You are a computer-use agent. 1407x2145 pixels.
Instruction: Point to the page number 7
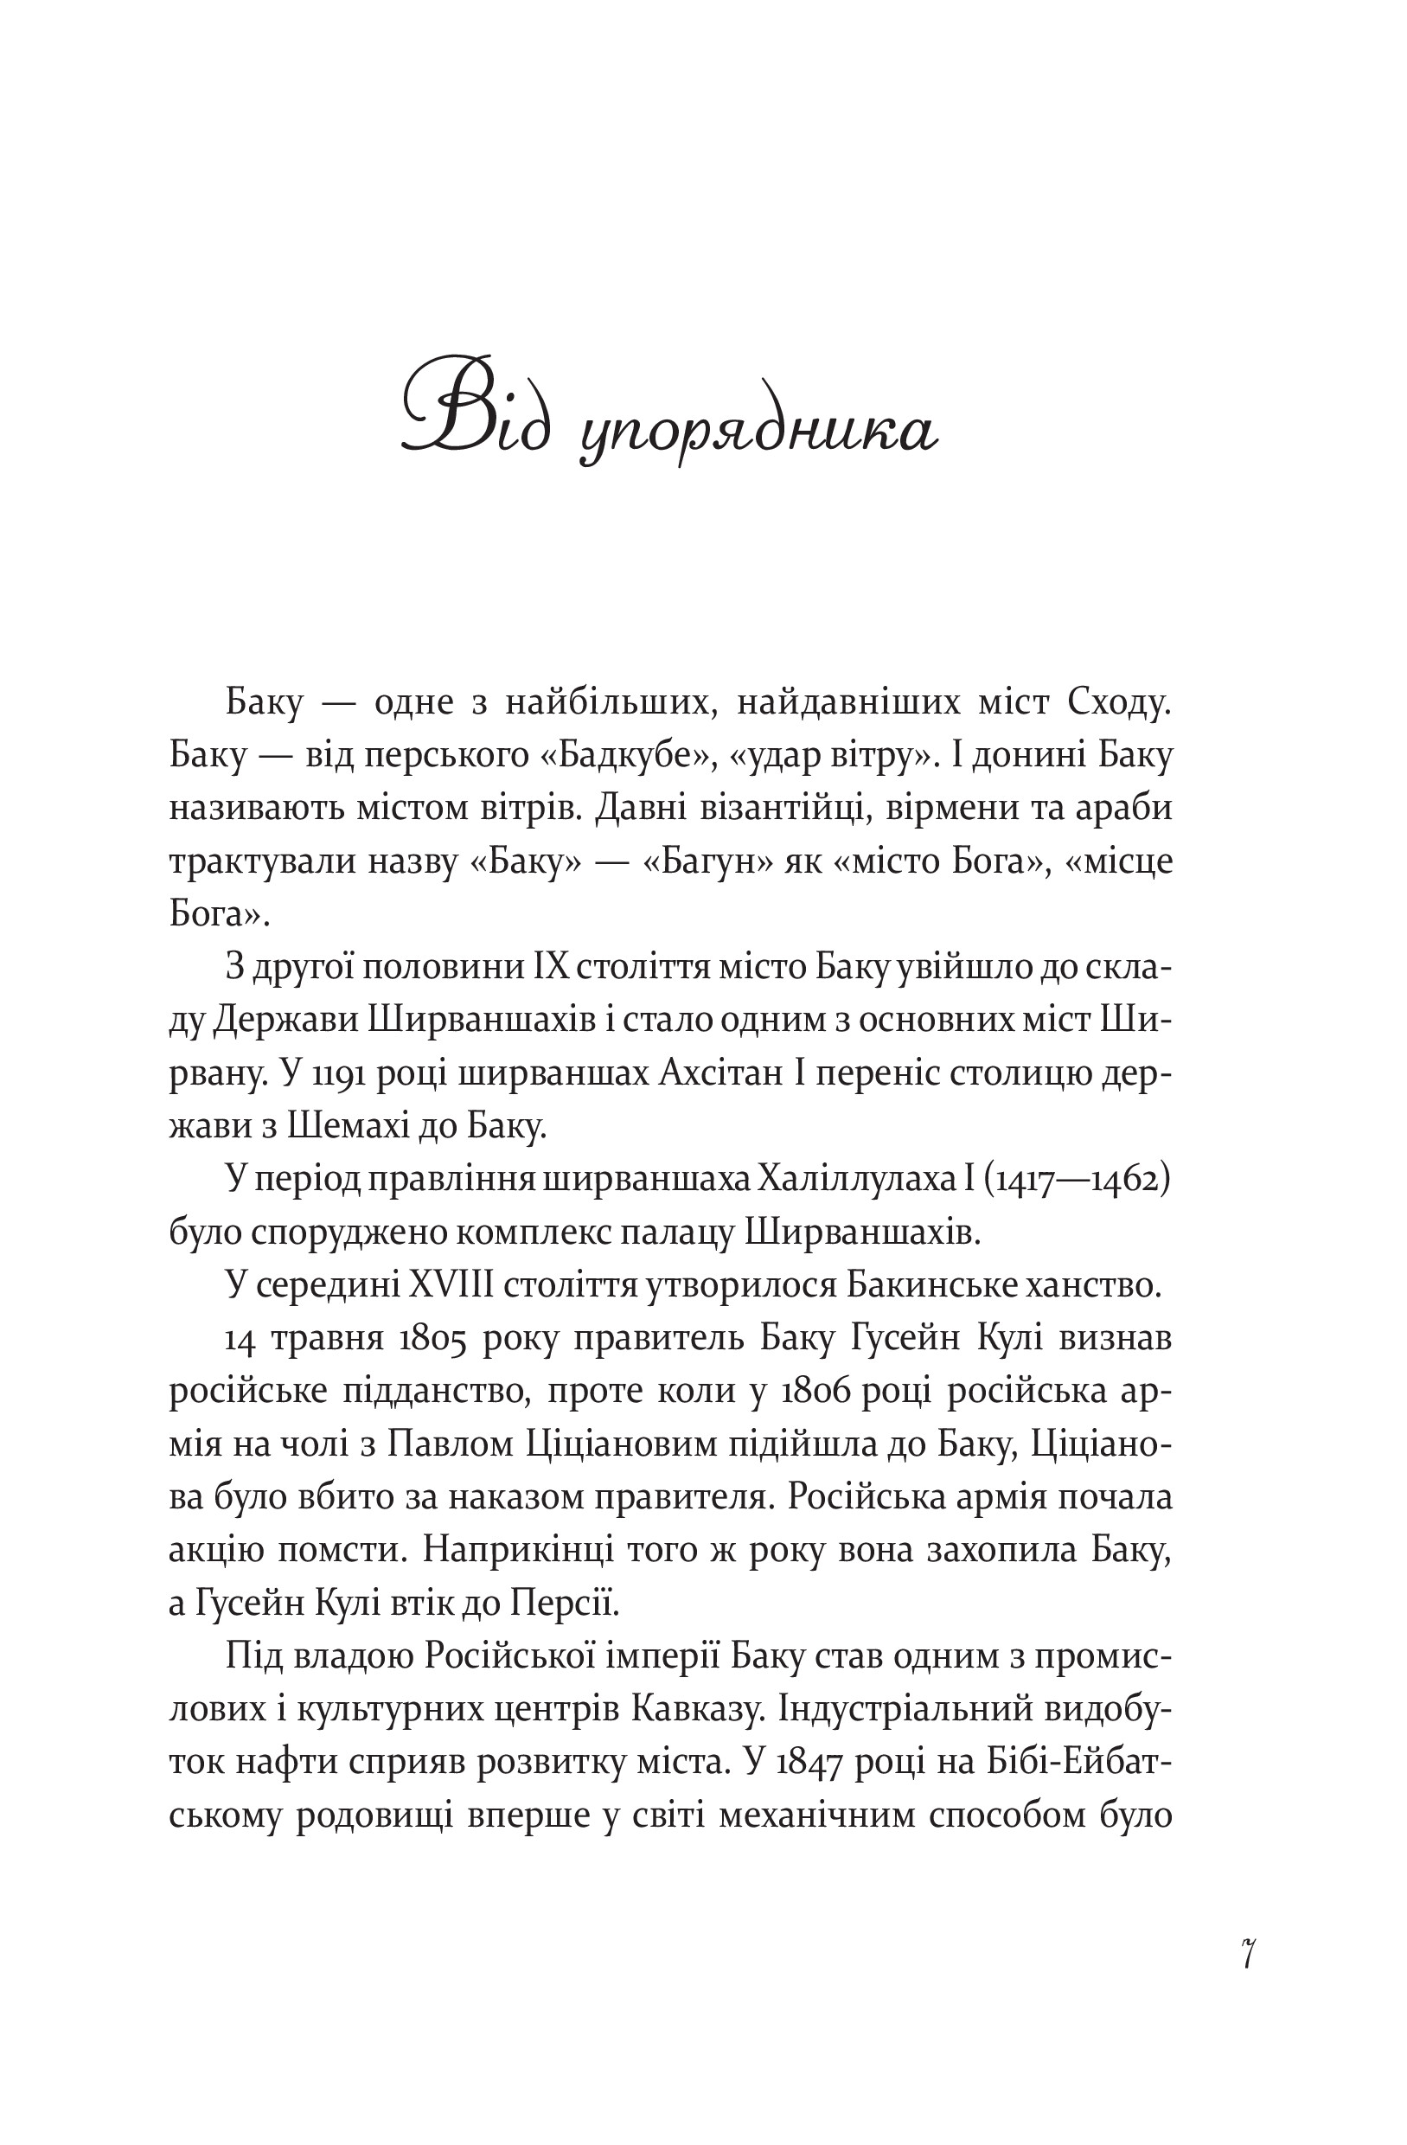[1248, 1953]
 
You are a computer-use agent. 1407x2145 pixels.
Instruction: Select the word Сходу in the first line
[1117, 701]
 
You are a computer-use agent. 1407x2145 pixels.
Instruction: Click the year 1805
[432, 1339]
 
